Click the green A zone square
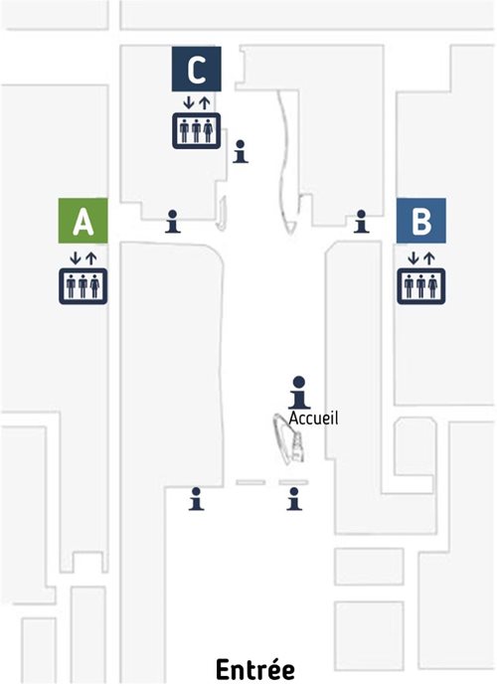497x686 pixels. click(x=83, y=221)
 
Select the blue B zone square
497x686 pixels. click(x=420, y=221)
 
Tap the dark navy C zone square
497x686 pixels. click(x=197, y=70)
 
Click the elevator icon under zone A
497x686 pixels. click(x=83, y=286)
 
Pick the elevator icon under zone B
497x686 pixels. click(x=420, y=286)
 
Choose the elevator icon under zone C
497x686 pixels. click(x=197, y=131)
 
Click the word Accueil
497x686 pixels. click(x=313, y=419)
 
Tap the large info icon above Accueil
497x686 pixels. click(x=299, y=393)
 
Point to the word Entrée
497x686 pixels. click(x=255, y=669)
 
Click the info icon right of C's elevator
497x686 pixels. click(x=241, y=152)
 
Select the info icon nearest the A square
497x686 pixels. click(x=173, y=222)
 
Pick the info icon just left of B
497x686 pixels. click(x=361, y=222)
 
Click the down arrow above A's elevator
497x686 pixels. click(x=76, y=258)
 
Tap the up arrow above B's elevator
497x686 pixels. click(x=429, y=258)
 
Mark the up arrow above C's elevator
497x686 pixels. click(x=205, y=103)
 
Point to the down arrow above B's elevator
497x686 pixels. click(x=414, y=258)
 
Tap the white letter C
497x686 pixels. click(x=197, y=70)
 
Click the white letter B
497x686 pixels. click(x=421, y=221)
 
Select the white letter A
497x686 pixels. click(x=83, y=222)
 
